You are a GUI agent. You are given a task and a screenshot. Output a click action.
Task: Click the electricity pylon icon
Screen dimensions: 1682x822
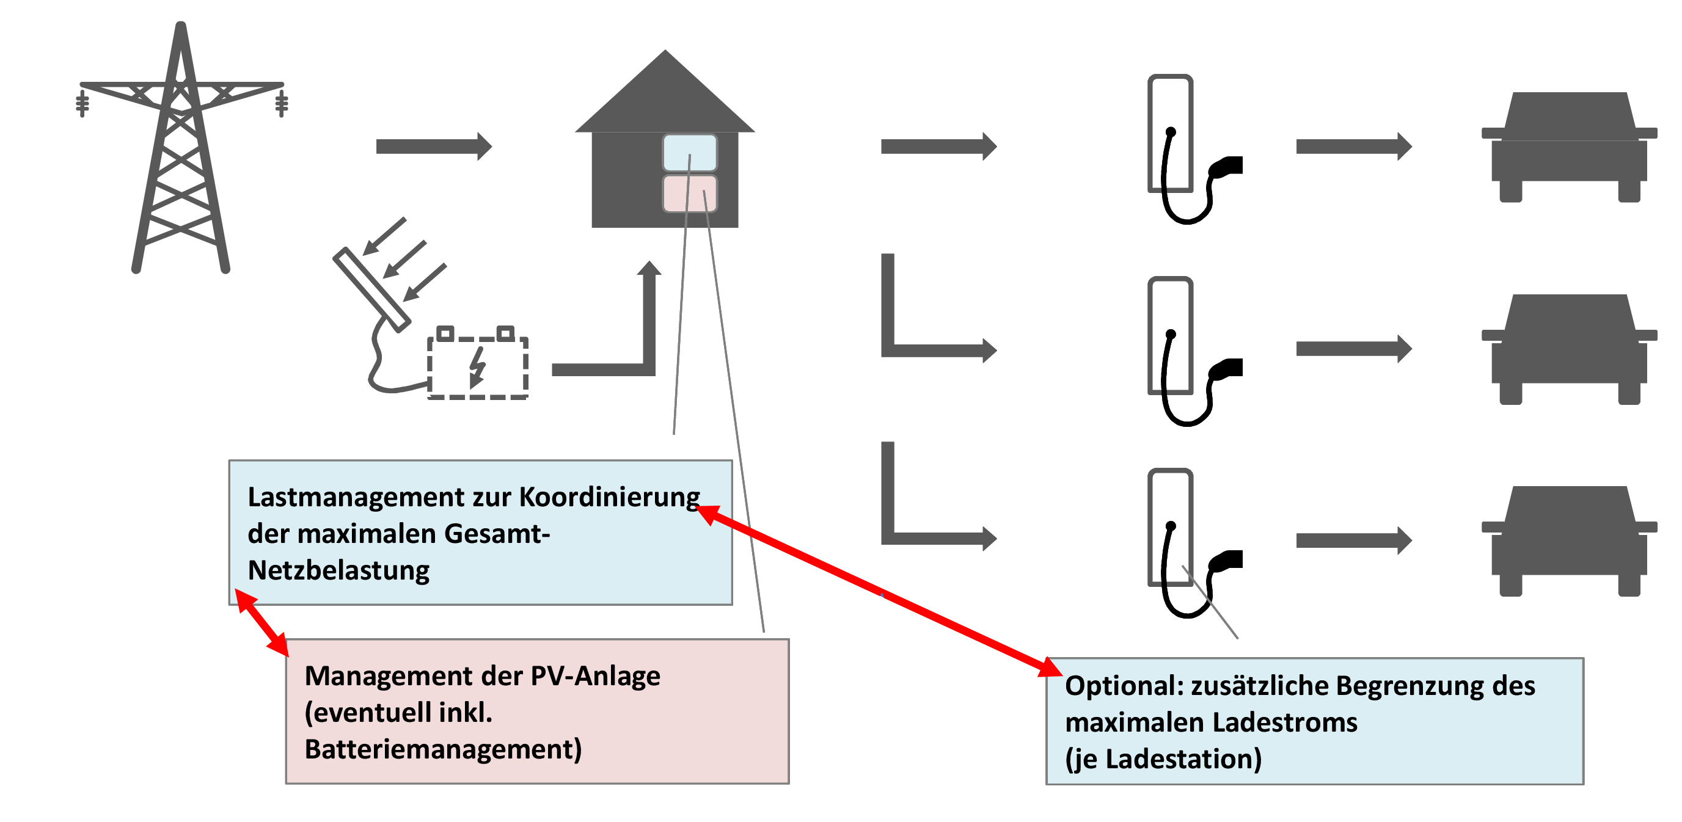(181, 148)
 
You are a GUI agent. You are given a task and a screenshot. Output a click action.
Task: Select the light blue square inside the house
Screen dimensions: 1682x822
(690, 153)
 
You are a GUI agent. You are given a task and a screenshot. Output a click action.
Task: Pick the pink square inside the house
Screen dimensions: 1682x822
(690, 193)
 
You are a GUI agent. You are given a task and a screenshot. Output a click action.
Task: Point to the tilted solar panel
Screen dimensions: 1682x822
(371, 290)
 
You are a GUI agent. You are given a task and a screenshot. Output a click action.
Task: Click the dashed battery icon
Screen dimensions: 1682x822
(477, 363)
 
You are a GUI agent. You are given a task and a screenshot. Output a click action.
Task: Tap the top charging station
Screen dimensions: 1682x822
(1194, 149)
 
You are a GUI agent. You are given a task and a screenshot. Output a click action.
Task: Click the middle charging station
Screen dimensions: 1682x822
(1194, 351)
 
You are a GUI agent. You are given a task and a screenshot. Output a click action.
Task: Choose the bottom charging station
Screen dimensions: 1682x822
(1194, 543)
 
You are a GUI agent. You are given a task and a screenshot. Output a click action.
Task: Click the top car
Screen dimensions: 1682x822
(1569, 147)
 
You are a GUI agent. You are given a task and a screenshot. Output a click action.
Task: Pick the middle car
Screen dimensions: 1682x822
(1569, 349)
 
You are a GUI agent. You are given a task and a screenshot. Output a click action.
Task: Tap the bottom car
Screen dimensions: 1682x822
(1569, 541)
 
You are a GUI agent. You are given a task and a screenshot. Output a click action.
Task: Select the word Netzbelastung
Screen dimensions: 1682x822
(338, 570)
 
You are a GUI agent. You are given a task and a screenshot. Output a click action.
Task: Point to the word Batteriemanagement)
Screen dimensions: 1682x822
(443, 749)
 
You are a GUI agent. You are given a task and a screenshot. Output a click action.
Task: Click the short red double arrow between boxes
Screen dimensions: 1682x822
(261, 623)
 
